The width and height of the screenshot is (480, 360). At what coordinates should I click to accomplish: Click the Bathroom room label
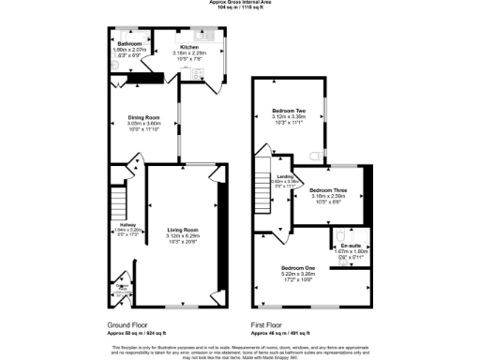pyautogui.click(x=129, y=44)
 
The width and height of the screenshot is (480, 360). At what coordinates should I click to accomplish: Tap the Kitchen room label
pyautogui.click(x=189, y=46)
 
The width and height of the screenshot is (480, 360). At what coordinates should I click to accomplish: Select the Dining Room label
pyautogui.click(x=144, y=117)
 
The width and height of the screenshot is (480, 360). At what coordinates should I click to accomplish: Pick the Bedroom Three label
pyautogui.click(x=327, y=190)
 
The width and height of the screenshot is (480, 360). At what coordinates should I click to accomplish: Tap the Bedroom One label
pyautogui.click(x=298, y=268)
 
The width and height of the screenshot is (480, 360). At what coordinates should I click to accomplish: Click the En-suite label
pyautogui.click(x=351, y=246)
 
